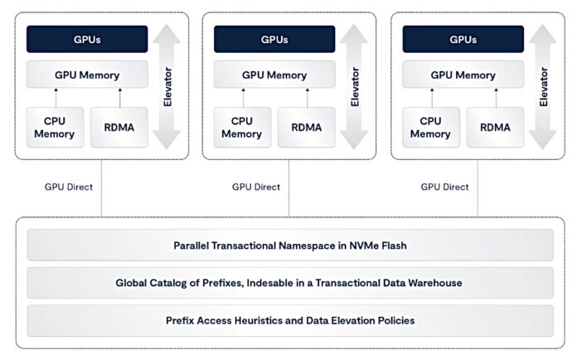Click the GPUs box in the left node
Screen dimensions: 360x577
click(87, 39)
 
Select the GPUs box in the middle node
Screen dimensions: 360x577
click(274, 39)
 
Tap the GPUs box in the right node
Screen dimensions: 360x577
click(463, 39)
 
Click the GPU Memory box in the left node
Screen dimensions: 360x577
click(87, 75)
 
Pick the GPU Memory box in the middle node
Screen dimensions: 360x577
click(274, 75)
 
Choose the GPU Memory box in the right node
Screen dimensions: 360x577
click(463, 75)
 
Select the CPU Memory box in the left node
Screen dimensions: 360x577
click(55, 127)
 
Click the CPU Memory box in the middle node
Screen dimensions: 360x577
click(242, 127)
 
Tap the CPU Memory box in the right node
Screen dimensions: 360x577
click(430, 127)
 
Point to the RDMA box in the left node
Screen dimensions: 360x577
click(119, 127)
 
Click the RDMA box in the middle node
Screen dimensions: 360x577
click(307, 127)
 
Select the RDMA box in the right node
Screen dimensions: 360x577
click(495, 127)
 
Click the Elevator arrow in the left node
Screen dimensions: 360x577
click(169, 86)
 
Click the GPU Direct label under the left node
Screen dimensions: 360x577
click(69, 187)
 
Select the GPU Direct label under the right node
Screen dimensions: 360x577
click(444, 187)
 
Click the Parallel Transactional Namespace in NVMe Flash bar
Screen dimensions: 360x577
click(291, 246)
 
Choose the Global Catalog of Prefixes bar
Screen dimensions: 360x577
click(291, 283)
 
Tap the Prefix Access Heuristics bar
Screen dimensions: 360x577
click(291, 320)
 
